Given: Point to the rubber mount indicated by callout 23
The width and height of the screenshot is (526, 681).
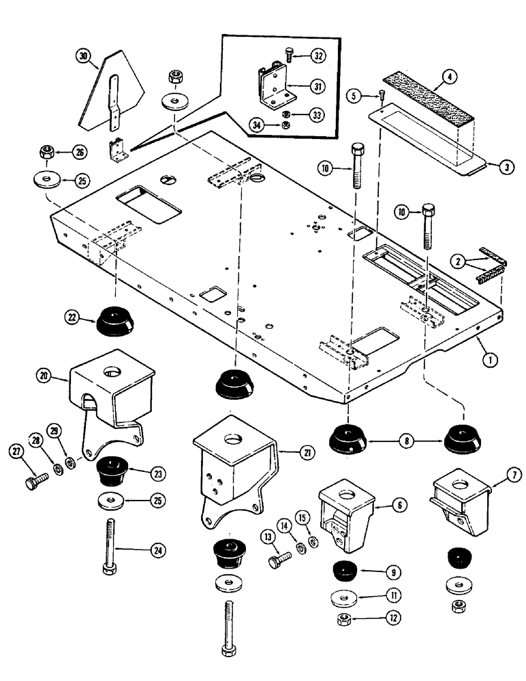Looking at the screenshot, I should (x=112, y=469).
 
